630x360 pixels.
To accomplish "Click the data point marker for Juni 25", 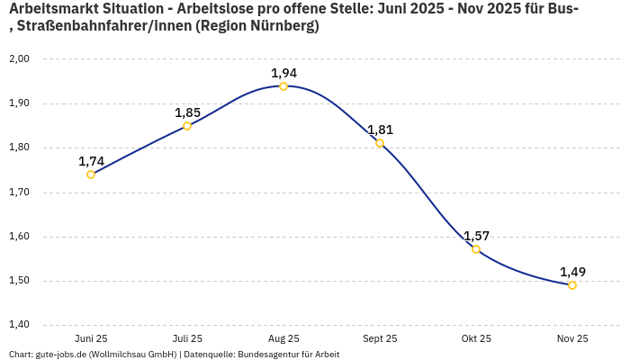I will [91, 175].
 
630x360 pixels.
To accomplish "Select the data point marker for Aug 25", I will [283, 86].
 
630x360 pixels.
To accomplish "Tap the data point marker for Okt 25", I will [476, 249].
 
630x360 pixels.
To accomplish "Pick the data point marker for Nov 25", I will [572, 285].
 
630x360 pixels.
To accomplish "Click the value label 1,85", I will [187, 112].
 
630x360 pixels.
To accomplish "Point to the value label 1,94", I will [283, 73].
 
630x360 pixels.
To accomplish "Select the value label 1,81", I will [380, 130].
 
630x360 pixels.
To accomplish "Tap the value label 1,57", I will [476, 236].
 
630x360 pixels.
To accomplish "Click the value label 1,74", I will [91, 161].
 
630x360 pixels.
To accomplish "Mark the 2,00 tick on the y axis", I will [19, 58].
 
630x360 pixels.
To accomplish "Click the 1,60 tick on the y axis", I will [19, 237].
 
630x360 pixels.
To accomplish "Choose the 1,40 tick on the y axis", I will [19, 325].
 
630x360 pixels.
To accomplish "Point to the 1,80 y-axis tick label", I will [19, 148].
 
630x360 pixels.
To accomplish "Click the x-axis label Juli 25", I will [187, 338].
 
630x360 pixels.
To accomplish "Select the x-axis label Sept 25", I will [380, 338].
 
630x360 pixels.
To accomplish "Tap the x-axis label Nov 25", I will [572, 338].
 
